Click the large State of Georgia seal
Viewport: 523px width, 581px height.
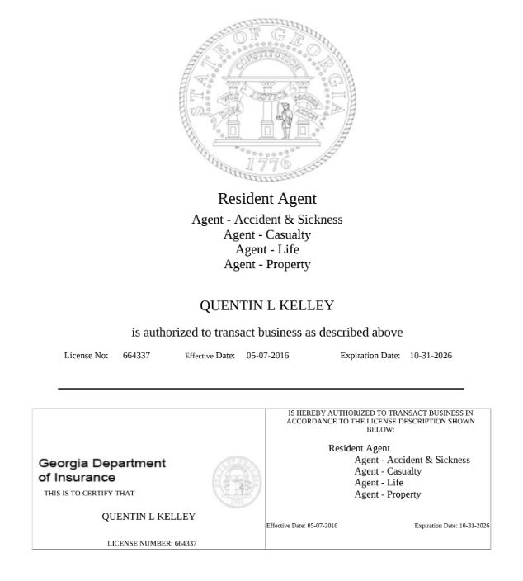[x=267, y=99]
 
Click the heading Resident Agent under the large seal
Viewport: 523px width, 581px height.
[x=266, y=199]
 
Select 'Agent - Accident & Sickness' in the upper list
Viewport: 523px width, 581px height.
[x=266, y=220]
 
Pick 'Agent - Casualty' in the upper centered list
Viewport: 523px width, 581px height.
[x=266, y=234]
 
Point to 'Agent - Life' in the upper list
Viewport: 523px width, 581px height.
[x=266, y=249]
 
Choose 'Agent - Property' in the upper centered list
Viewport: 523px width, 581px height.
[x=266, y=264]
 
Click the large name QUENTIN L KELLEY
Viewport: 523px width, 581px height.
[x=266, y=306]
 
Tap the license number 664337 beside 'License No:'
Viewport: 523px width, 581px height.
[x=136, y=356]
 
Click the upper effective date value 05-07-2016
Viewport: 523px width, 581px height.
[x=267, y=356]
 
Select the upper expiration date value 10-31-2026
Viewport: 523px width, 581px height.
[x=431, y=356]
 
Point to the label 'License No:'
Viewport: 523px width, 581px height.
[x=86, y=356]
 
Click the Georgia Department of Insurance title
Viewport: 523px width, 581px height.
[x=101, y=470]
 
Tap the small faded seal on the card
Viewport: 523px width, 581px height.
[x=236, y=480]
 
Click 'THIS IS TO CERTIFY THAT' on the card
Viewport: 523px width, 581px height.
[x=89, y=494]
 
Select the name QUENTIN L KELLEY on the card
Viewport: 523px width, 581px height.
[x=148, y=517]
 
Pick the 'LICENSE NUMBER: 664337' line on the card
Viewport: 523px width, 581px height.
[x=152, y=543]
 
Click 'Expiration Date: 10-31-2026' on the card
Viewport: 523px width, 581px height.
[x=451, y=526]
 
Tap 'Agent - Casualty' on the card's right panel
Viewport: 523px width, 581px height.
[x=388, y=471]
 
